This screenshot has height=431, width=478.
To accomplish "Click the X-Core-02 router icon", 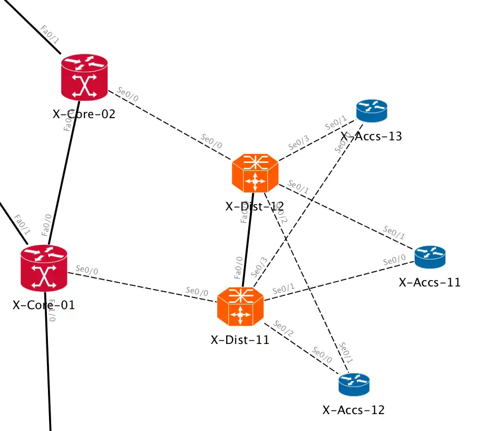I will pos(84,78).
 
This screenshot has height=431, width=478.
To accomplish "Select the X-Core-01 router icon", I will pos(44,269).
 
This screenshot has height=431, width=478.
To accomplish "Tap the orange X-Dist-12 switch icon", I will pos(255,174).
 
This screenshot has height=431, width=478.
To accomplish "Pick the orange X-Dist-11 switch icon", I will pos(240,307).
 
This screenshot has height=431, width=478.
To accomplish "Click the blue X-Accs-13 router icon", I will pos(372,111).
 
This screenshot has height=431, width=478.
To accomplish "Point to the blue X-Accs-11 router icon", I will pos(430,256).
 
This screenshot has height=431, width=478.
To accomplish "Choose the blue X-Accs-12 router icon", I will pos(354,385).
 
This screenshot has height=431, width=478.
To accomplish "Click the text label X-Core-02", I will pos(84,113).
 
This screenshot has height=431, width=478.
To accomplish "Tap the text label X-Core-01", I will pos(44,305).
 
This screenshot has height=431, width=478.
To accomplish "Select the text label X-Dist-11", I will pos(240,340).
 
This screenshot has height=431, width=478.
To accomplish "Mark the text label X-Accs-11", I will pos(430,282).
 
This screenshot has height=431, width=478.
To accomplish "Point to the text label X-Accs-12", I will pos(354,410).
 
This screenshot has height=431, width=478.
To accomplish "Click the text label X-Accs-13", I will pos(372,137).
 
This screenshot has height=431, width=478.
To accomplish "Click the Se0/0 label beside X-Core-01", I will pos(87,270).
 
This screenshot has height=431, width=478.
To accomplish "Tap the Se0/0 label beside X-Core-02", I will pos(127,92).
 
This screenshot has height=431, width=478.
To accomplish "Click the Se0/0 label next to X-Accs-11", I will pos(394,261).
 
